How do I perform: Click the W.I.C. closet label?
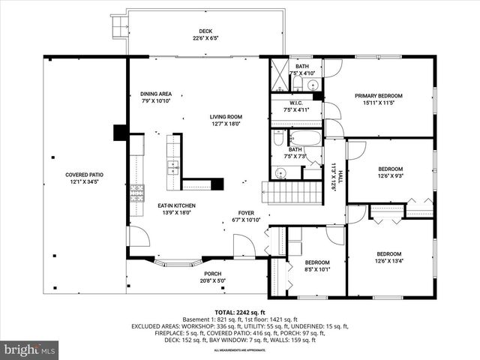coord(295,106)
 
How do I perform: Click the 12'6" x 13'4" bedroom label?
coord(390,257)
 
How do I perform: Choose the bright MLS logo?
coord(30,349)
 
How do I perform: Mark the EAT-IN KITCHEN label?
coord(176,208)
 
